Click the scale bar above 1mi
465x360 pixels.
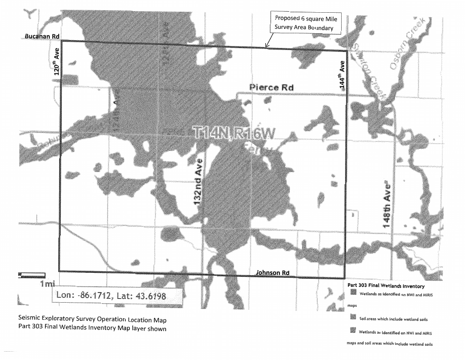(x=31, y=275)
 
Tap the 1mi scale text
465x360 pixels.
(x=47, y=284)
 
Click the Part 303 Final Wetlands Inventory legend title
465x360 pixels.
(x=385, y=285)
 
